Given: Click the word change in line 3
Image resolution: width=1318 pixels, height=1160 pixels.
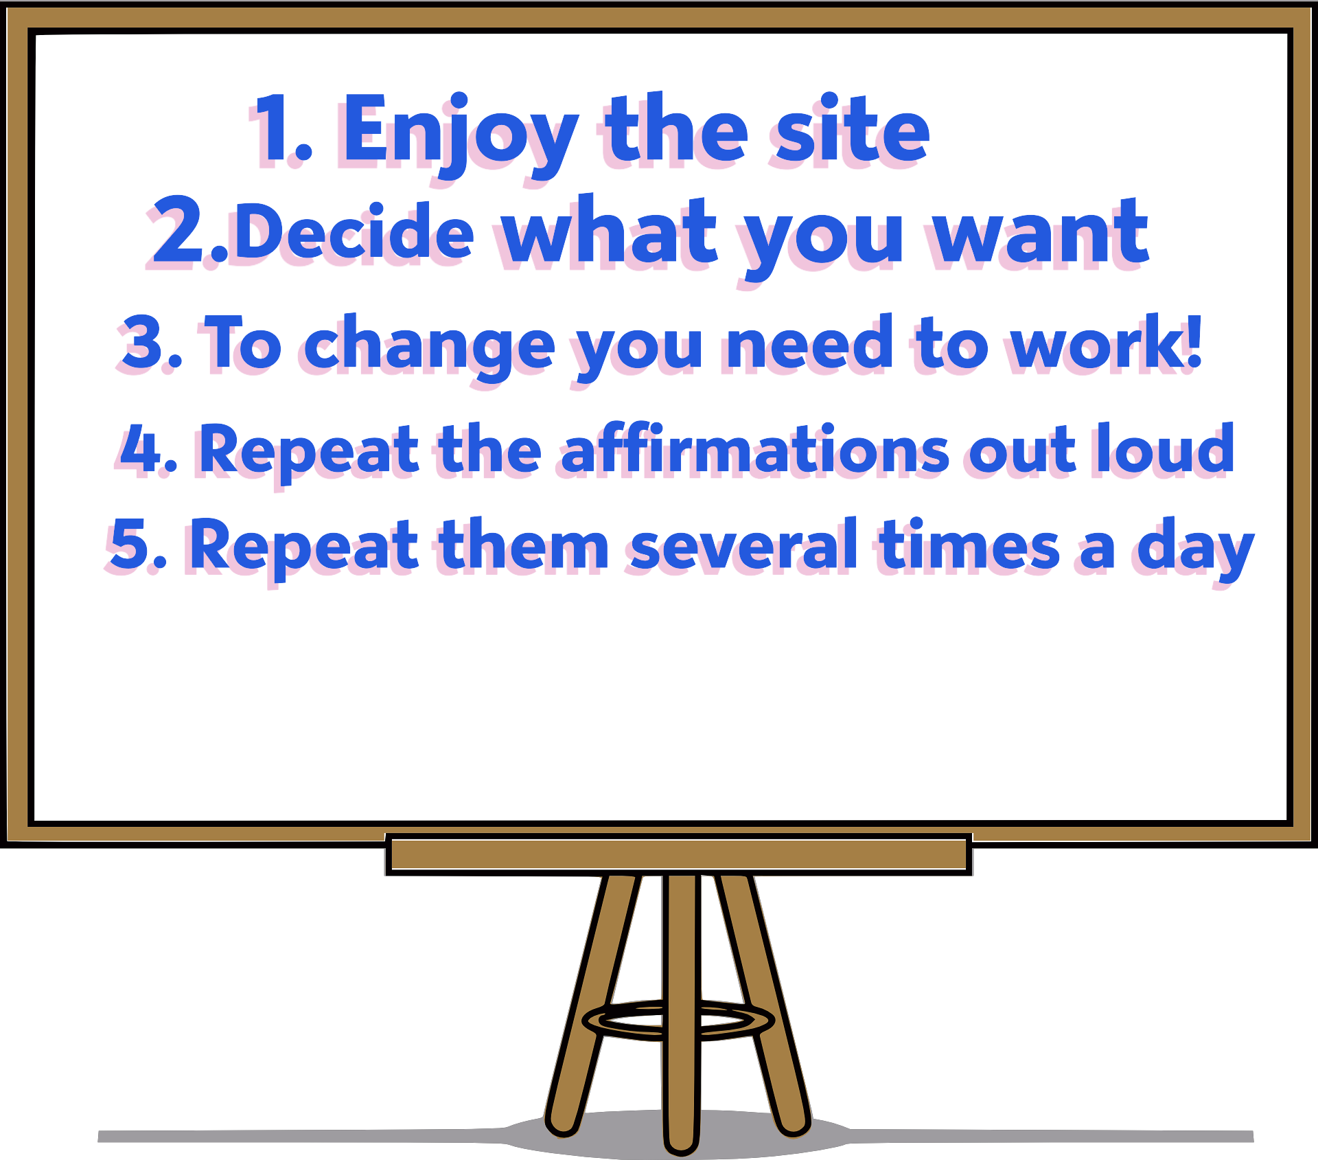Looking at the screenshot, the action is (429, 348).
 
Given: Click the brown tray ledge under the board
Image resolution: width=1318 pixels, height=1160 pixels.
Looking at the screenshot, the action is (678, 854).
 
